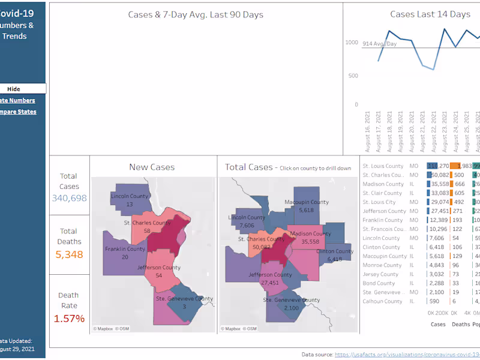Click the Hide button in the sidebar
pyautogui.click(x=13, y=89)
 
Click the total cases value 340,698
pyautogui.click(x=69, y=198)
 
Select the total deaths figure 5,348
pyautogui.click(x=69, y=254)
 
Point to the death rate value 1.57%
pyautogui.click(x=69, y=318)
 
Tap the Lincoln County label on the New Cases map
pyautogui.click(x=129, y=196)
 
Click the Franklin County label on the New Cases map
pyautogui.click(x=125, y=249)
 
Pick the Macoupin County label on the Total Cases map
pyautogui.click(x=306, y=202)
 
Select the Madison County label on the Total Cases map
pyautogui.click(x=310, y=233)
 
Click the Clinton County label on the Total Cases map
pyautogui.click(x=335, y=251)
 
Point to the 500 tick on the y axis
pyautogui.click(x=353, y=76)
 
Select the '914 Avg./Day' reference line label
pyautogui.click(x=380, y=44)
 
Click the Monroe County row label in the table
pyautogui.click(x=382, y=265)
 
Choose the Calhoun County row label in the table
pyautogui.click(x=382, y=301)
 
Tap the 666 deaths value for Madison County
pyautogui.click(x=460, y=184)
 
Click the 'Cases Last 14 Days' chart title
pyautogui.click(x=430, y=14)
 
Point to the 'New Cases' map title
pyautogui.click(x=152, y=167)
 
